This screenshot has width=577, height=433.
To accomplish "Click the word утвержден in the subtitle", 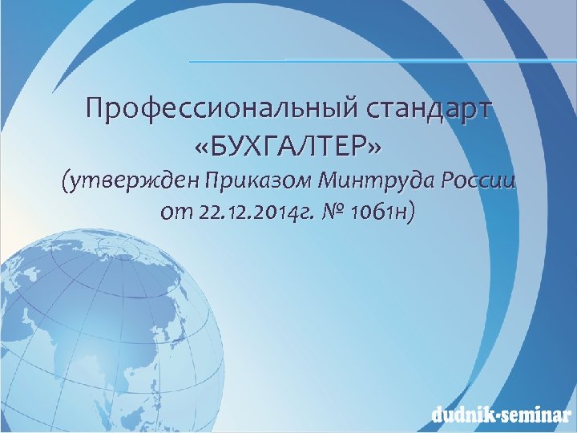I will pos(132,183).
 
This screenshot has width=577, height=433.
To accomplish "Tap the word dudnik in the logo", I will pos(460,415).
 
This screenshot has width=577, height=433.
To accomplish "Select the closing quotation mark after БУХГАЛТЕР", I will pos(373,148).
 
